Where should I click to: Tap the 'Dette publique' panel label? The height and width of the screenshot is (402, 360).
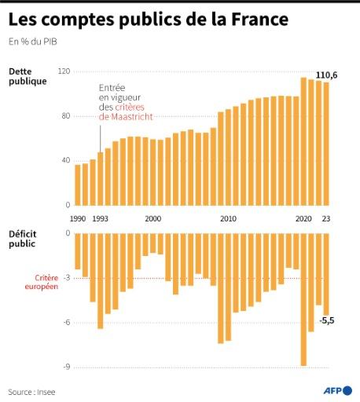pos(28,76)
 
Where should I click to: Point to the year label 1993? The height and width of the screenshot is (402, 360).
pos(101,219)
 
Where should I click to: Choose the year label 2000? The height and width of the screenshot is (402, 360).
pos(153,219)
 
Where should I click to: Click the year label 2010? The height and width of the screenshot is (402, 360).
pos(228,219)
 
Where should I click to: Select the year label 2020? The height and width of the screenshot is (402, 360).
pos(303,219)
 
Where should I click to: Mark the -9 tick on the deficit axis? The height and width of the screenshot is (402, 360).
pos(66,367)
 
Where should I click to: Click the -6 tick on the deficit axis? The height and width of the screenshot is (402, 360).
pos(66,322)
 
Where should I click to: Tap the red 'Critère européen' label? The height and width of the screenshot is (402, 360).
pos(47,283)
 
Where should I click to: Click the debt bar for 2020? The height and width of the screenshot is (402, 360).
pos(303,141)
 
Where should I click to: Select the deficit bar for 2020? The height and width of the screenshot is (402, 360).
pos(303,298)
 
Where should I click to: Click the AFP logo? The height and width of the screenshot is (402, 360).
pos(336,390)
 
